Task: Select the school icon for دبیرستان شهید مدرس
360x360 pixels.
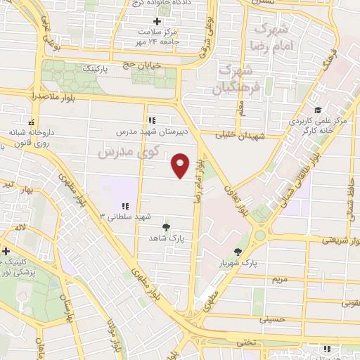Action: pos(153,119)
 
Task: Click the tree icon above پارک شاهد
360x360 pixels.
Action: pos(166,226)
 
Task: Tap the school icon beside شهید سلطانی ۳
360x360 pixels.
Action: pos(124,205)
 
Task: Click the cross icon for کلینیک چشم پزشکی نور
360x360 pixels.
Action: pos(6,250)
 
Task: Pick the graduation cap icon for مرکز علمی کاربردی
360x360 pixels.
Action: pos(318,110)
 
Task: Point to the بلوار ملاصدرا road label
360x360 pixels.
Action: pos(53,94)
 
